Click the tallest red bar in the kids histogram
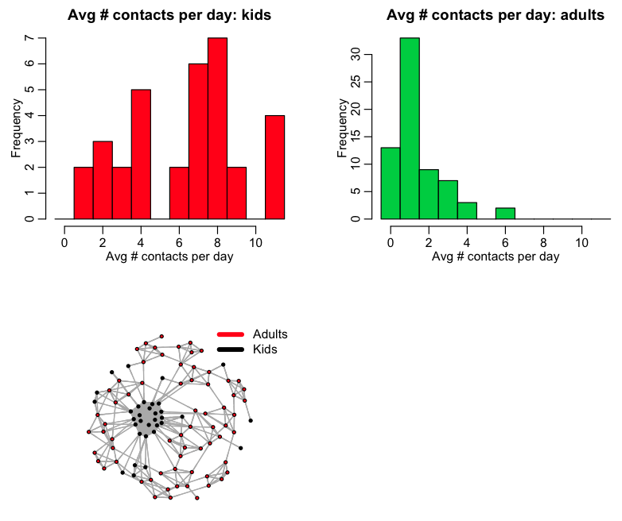click(x=217, y=128)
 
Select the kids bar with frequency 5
click(x=141, y=154)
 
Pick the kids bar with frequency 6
click(x=198, y=141)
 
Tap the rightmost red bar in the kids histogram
click(x=274, y=167)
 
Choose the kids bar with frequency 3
click(x=103, y=179)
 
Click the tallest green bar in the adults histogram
click(x=410, y=128)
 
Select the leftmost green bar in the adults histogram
click(x=391, y=183)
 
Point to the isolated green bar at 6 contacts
click(x=505, y=213)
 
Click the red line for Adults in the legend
click(x=230, y=334)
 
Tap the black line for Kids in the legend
click(x=230, y=349)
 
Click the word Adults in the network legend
click(x=270, y=334)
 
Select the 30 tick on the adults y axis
click(x=356, y=54)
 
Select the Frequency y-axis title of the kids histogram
click(x=16, y=128)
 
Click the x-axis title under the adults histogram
click(x=496, y=257)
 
